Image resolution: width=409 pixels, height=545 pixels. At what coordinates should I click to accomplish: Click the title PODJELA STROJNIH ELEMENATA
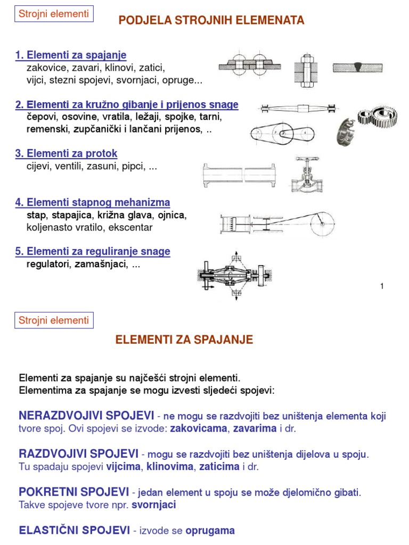point(211,21)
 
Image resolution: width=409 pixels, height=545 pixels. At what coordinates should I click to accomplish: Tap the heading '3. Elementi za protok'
point(66,154)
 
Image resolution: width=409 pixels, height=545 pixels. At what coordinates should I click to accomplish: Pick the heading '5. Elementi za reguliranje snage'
point(93,251)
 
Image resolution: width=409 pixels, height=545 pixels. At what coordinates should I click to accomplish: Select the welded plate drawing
point(357,68)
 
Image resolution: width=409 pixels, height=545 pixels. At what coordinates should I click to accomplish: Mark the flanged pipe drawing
point(239,174)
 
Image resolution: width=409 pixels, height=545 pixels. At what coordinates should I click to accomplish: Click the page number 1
point(382,287)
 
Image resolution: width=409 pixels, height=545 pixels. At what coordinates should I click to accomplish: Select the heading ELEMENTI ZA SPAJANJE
point(184,340)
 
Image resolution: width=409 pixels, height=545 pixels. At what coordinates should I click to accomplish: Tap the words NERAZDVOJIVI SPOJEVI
point(86,415)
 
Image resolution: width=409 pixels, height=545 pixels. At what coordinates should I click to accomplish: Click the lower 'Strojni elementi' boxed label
point(53,320)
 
